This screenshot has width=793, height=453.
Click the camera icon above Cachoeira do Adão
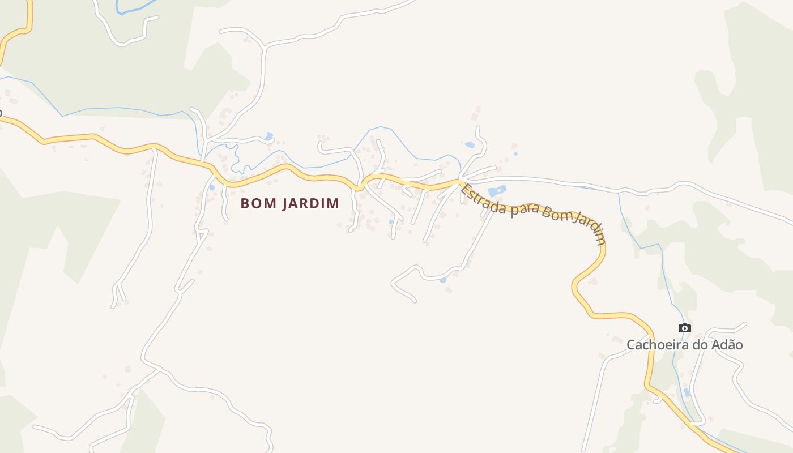pos(684,328)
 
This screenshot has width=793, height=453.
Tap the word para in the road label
pos(524,211)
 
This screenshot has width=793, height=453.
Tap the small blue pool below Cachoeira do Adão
pos(687,392)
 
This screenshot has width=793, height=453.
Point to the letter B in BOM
pos(245,203)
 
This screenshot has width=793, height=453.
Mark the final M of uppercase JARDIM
pos(334,203)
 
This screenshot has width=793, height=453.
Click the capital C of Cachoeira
pos(631,345)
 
